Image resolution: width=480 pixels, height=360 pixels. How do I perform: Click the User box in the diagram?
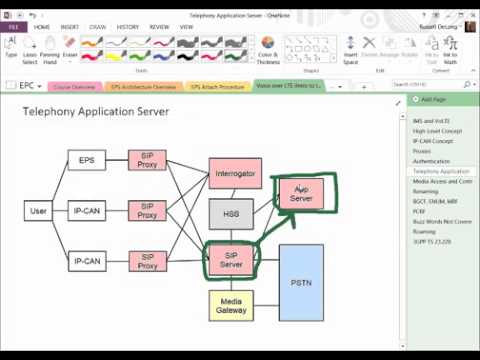click(x=39, y=211)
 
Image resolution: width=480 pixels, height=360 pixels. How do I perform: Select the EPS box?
click(x=86, y=159)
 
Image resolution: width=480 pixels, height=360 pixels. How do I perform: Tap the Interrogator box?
click(x=236, y=173)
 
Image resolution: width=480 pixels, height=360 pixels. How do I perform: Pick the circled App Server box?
click(x=301, y=193)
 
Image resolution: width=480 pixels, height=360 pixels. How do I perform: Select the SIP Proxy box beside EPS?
click(x=147, y=159)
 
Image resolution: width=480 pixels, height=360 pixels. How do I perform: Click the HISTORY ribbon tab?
click(x=128, y=27)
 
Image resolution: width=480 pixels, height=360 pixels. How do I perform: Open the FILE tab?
click(x=14, y=27)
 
